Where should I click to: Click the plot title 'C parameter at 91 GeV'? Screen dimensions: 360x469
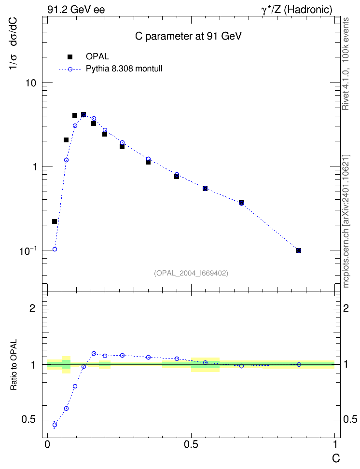188,36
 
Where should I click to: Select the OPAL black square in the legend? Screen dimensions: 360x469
70,56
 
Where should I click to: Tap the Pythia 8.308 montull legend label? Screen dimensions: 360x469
124,69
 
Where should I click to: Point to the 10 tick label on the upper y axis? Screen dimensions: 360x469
30,83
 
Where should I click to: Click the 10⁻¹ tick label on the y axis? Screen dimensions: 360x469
28,250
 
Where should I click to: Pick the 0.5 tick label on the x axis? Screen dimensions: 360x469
191,444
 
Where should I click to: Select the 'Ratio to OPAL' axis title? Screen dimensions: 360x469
14,365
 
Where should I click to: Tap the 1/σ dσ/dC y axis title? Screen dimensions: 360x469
13,44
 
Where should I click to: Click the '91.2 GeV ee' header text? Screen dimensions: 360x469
76,10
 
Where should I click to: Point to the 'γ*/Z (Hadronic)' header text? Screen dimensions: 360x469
297,10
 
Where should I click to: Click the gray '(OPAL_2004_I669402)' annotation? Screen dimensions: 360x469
191,273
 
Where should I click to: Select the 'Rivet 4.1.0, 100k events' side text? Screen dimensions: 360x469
346,64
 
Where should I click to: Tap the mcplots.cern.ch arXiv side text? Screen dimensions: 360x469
346,221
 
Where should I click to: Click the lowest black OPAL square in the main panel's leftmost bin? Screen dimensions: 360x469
55,221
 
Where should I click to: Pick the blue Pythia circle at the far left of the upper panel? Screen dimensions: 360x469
55,249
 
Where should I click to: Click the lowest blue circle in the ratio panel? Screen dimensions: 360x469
55,425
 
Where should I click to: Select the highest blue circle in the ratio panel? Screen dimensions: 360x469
94,354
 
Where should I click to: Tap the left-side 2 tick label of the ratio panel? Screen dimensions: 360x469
32,308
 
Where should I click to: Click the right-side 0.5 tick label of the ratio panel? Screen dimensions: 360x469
350,420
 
